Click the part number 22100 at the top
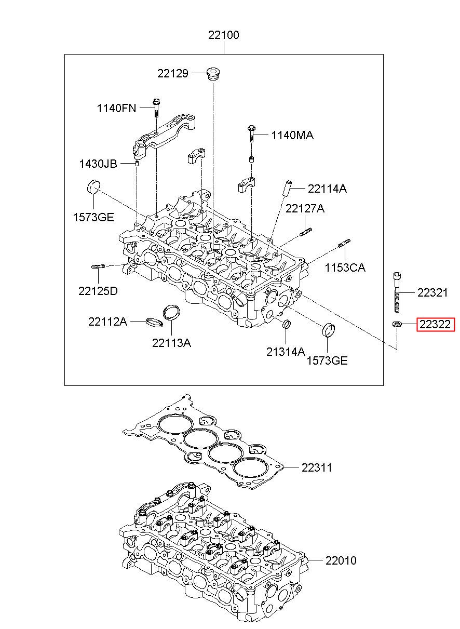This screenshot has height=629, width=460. [223, 35]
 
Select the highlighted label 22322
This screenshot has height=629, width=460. [435, 325]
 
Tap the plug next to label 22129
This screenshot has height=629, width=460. [213, 74]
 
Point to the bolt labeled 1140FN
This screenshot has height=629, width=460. [156, 108]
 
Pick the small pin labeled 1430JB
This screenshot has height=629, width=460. [137, 164]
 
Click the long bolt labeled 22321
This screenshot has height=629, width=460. [397, 292]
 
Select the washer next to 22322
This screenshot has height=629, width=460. [397, 324]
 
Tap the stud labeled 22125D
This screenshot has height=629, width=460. [98, 266]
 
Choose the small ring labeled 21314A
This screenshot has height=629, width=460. [286, 324]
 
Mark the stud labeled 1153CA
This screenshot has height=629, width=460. [344, 243]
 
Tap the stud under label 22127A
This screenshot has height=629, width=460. [306, 232]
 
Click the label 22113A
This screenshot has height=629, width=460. [171, 343]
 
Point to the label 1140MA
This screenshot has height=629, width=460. [292, 136]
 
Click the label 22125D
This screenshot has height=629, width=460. [98, 291]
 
